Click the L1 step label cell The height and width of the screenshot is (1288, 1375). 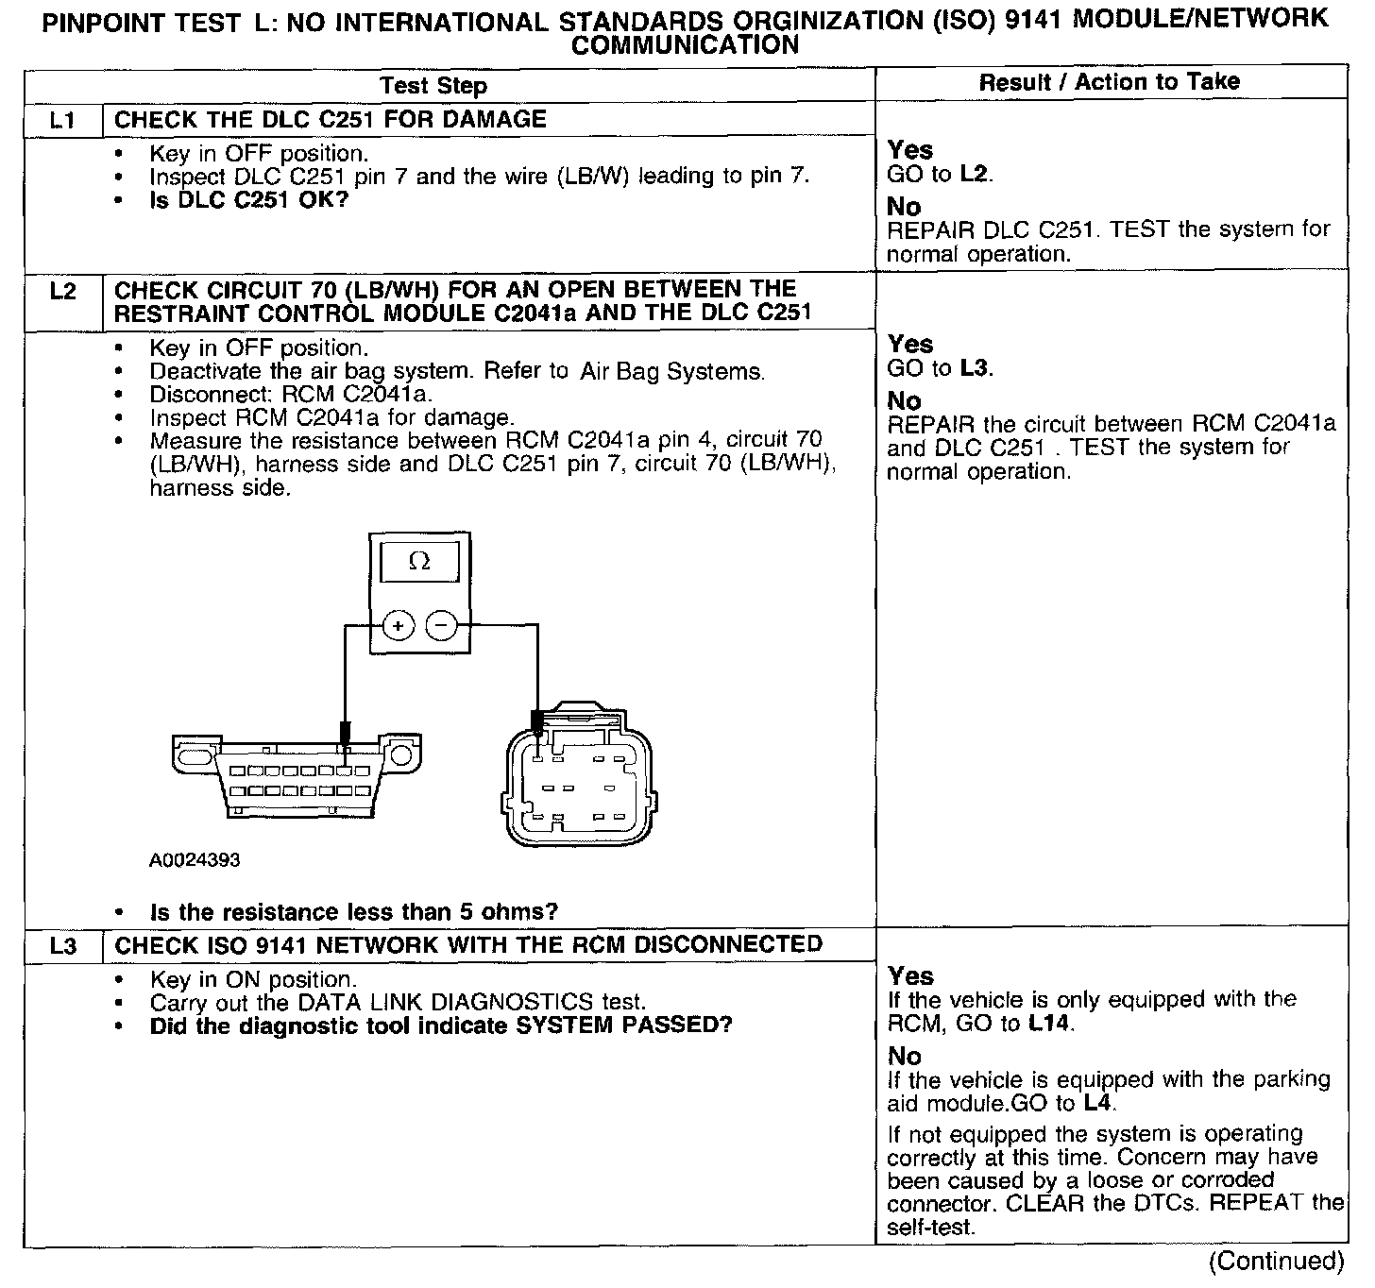(x=62, y=120)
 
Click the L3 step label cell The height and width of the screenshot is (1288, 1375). (x=62, y=945)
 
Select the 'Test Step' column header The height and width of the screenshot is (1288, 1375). (x=433, y=86)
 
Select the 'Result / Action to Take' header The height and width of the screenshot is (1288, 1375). (x=1110, y=82)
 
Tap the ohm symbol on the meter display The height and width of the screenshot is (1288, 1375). (x=419, y=561)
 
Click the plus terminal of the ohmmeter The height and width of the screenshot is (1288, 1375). (x=399, y=625)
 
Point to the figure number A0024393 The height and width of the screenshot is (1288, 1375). (x=195, y=860)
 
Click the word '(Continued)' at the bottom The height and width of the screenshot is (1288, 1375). (x=1276, y=1262)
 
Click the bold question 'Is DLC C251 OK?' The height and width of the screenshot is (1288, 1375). (x=249, y=200)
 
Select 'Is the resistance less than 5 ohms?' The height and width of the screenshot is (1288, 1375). (x=354, y=912)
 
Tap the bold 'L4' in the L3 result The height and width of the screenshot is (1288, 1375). (x=1098, y=1103)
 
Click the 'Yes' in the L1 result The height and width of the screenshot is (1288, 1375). (x=910, y=150)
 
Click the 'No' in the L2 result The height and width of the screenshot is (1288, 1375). (x=904, y=401)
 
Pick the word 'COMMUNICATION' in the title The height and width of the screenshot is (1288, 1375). (x=686, y=44)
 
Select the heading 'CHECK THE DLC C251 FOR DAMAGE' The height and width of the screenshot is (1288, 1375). (x=331, y=120)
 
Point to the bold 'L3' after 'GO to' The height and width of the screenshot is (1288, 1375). (x=976, y=368)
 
